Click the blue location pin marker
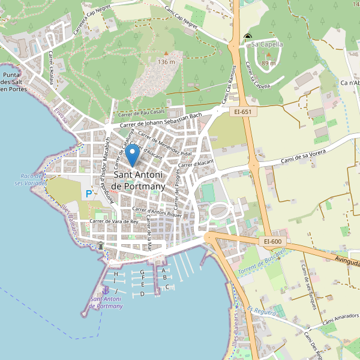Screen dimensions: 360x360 pos(132,155)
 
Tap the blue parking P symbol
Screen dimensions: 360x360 pos(89,194)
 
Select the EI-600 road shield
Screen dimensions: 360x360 pos(272,241)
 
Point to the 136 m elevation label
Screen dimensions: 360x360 pos(166,62)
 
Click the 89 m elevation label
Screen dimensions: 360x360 pos(268,63)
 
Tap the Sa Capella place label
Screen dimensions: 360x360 pos(267,44)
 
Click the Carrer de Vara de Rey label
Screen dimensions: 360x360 pos(113,221)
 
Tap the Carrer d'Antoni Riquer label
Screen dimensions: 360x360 pos(157,211)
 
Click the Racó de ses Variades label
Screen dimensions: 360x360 pos(28,179)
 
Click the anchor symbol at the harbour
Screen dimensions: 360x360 pos(106,290)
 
